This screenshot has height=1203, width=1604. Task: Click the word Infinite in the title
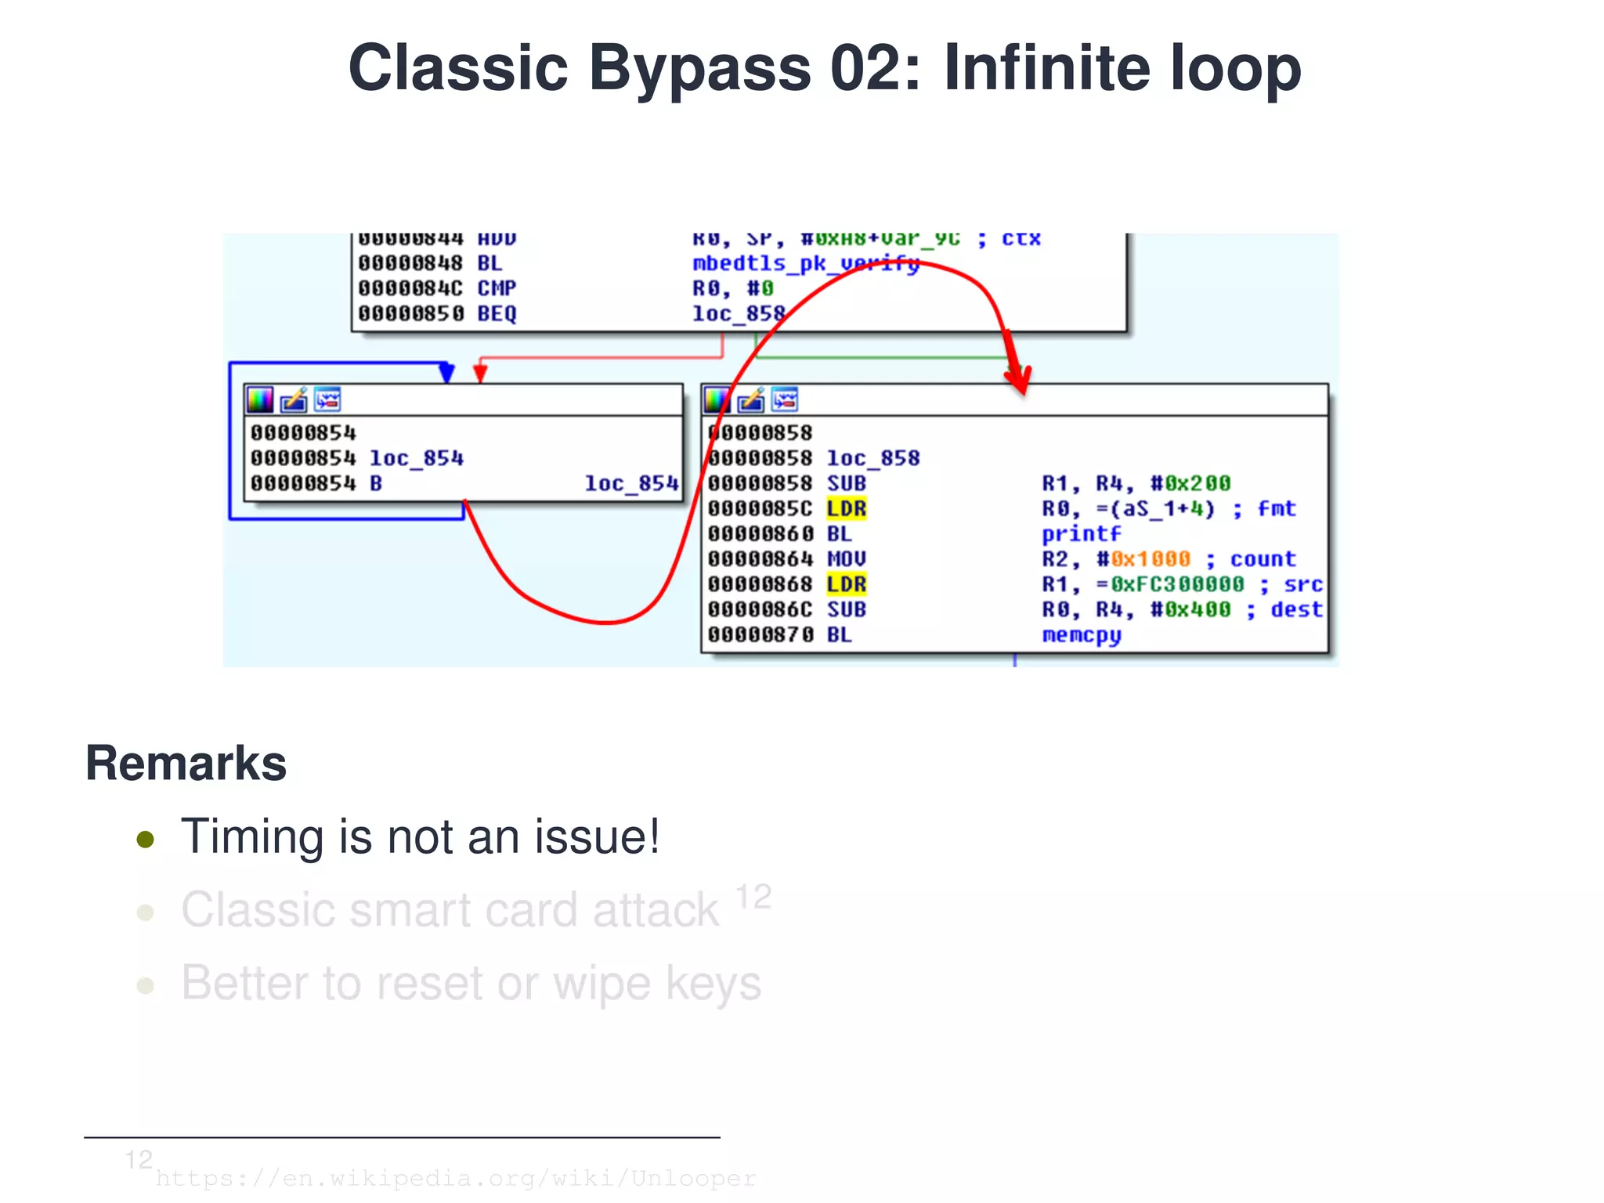pyautogui.click(x=1048, y=68)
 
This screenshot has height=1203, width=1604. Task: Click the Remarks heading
pyautogui.click(x=186, y=764)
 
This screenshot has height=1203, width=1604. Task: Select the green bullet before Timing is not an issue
pyautogui.click(x=145, y=840)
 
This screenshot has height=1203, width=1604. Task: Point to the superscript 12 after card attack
pyautogui.click(x=753, y=898)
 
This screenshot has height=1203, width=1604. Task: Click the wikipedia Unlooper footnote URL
pyautogui.click(x=456, y=1179)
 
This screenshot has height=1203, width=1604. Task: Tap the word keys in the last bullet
pyautogui.click(x=713, y=984)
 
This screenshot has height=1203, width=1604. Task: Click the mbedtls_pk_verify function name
pyautogui.click(x=805, y=264)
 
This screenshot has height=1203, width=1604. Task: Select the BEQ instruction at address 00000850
pyautogui.click(x=497, y=314)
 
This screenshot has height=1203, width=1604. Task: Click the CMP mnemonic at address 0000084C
pyautogui.click(x=497, y=289)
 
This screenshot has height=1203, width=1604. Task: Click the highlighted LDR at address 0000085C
pyautogui.click(x=846, y=509)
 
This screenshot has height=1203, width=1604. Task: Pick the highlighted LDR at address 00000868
pyautogui.click(x=846, y=584)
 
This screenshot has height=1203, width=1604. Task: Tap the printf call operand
pyautogui.click(x=1081, y=534)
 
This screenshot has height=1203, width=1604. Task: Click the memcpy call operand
pyautogui.click(x=1081, y=635)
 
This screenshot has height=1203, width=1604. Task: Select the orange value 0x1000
pyautogui.click(x=1150, y=559)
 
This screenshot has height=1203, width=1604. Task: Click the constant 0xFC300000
pyautogui.click(x=1176, y=584)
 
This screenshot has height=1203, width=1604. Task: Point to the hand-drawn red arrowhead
pyautogui.click(x=1018, y=378)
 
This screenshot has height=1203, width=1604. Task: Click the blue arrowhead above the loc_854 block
pyautogui.click(x=446, y=372)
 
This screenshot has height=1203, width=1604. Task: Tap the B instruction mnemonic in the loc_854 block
pyautogui.click(x=376, y=484)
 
